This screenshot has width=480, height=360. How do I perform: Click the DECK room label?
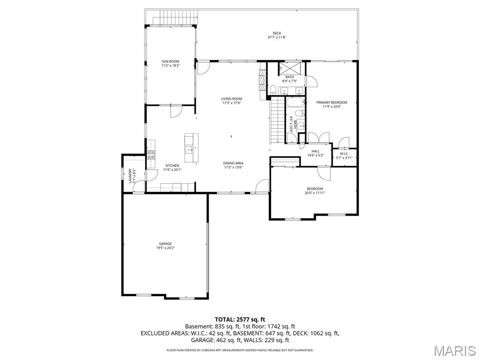click(277, 33)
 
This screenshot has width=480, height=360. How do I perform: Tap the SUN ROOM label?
click(170, 61)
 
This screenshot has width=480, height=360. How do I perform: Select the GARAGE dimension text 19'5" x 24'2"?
click(165, 247)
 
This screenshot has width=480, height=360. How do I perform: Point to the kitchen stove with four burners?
click(151, 155)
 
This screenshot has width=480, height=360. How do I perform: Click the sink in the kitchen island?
click(188, 150)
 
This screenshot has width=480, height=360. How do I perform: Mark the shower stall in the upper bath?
click(286, 67)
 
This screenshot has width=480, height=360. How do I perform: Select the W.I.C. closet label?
click(344, 153)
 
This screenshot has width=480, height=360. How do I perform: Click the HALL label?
click(315, 151)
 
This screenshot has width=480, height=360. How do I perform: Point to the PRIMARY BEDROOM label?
click(331, 102)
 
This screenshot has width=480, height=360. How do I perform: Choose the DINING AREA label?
click(233, 163)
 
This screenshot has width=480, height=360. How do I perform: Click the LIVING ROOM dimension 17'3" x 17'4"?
click(232, 103)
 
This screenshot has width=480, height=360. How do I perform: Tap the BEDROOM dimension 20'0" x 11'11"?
click(315, 193)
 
